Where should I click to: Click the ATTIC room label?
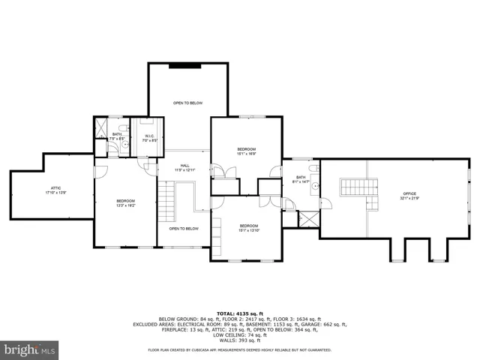tap(55, 192)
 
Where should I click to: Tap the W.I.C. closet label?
tap(150, 138)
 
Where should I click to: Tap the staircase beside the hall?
tap(166, 203)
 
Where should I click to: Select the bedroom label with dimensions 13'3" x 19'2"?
tap(125, 202)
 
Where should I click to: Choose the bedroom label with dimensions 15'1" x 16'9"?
tap(247, 151)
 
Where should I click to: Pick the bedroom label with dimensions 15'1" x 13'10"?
tap(248, 228)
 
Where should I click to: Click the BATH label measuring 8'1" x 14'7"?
tap(301, 179)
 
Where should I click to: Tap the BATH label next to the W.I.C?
tap(117, 136)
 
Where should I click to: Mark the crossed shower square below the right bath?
tap(308, 220)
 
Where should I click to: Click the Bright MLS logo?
tap(30, 349)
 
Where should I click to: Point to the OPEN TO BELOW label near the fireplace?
tap(187, 103)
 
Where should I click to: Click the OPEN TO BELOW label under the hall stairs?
tap(184, 228)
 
